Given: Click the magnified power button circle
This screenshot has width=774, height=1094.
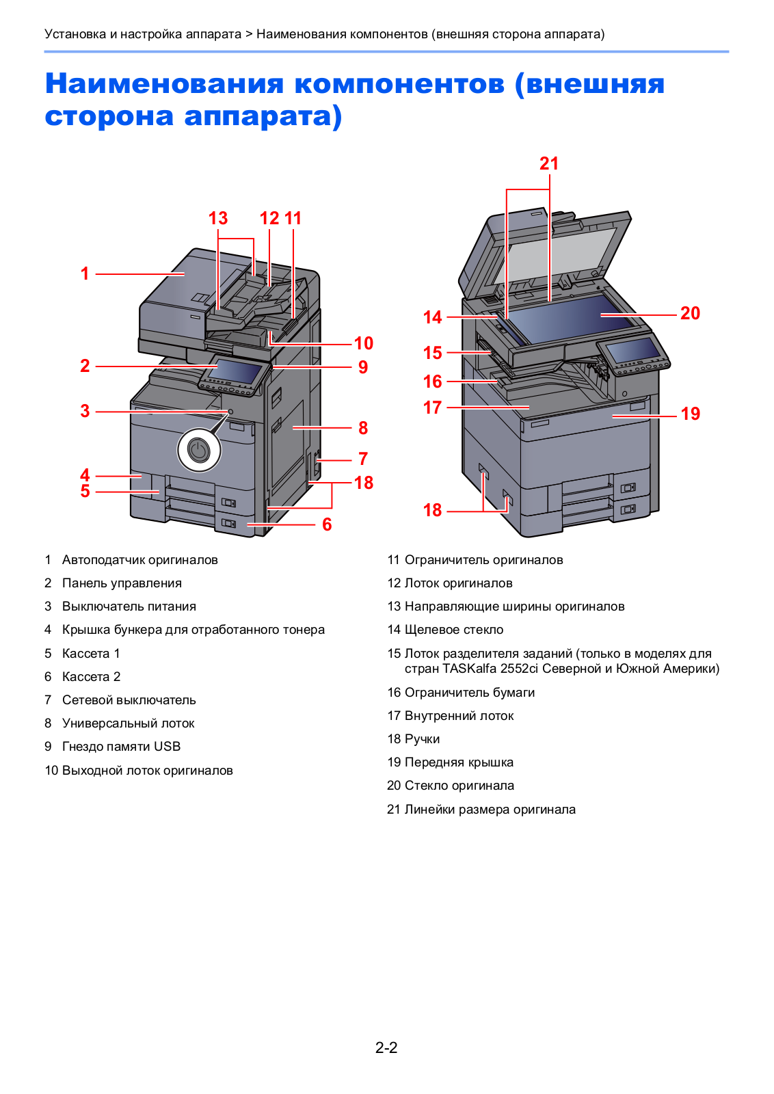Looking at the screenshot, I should (x=199, y=451).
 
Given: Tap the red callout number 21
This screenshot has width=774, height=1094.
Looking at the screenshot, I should (x=549, y=164).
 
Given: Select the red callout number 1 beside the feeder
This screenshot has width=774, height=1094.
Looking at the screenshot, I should (x=85, y=273).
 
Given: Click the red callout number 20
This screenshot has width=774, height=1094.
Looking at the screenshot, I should (x=690, y=313).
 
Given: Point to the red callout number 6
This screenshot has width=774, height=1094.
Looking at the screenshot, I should (x=327, y=524).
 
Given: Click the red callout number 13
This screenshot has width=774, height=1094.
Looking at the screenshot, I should (x=218, y=218).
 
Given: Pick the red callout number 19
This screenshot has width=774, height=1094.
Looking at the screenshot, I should (x=691, y=414).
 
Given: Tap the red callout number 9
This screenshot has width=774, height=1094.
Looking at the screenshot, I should (x=363, y=367).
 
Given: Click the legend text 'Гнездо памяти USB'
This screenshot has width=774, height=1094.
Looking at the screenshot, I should (x=121, y=747).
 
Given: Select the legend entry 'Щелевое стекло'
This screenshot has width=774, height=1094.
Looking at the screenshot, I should (x=454, y=630).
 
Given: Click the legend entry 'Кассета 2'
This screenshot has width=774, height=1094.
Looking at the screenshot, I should (x=91, y=677).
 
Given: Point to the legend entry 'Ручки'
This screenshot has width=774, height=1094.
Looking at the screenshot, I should (x=422, y=739).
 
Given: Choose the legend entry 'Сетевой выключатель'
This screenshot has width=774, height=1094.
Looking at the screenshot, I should (x=129, y=700).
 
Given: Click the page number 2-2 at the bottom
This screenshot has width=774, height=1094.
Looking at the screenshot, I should (x=386, y=1048).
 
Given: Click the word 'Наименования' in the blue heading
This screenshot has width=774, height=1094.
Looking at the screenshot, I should (x=164, y=83).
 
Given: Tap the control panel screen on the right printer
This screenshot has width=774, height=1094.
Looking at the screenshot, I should (x=632, y=350).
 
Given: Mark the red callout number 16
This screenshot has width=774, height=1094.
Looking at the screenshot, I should (x=433, y=382).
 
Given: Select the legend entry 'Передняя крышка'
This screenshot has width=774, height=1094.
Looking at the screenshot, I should (x=459, y=762).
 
